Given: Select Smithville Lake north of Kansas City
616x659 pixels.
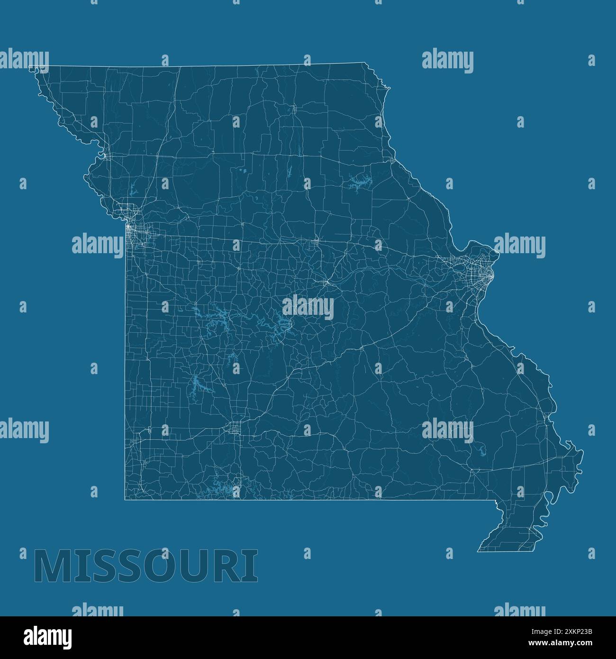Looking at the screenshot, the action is point(132,190).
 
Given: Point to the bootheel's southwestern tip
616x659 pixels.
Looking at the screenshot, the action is point(478,551).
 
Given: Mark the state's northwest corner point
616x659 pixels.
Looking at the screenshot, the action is point(29,66).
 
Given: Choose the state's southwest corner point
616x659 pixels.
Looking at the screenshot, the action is point(125,499).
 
